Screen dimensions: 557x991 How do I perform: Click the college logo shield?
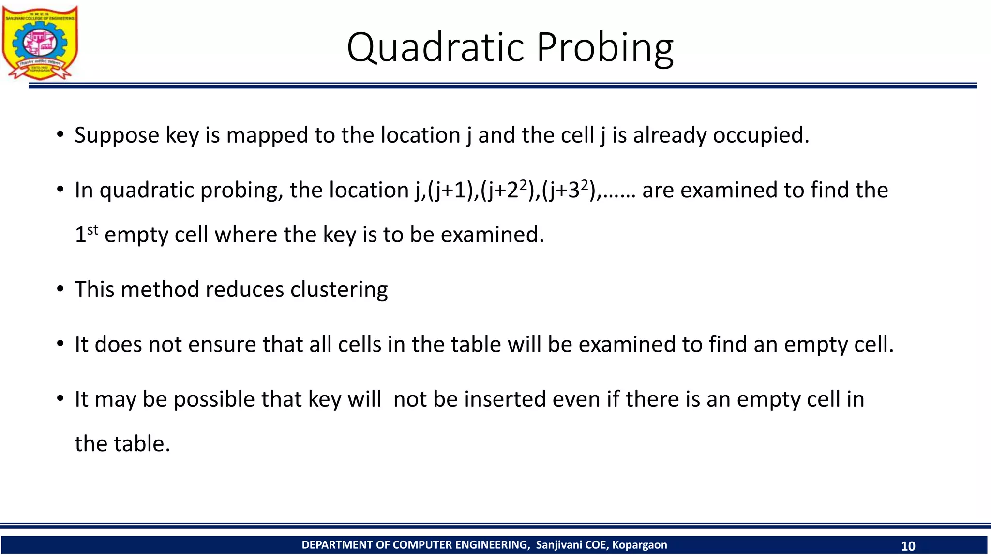pos(40,43)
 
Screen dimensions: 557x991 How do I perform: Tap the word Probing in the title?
pos(605,47)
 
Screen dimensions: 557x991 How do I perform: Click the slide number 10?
pos(908,546)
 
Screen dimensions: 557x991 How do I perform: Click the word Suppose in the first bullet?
pos(117,135)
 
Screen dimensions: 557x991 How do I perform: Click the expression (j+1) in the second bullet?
pos(453,190)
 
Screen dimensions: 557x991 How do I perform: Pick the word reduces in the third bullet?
pos(245,290)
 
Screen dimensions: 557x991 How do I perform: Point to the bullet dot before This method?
pos(60,289)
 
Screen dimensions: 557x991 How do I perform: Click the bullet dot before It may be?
pos(60,399)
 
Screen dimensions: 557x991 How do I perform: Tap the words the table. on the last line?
pos(122,444)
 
